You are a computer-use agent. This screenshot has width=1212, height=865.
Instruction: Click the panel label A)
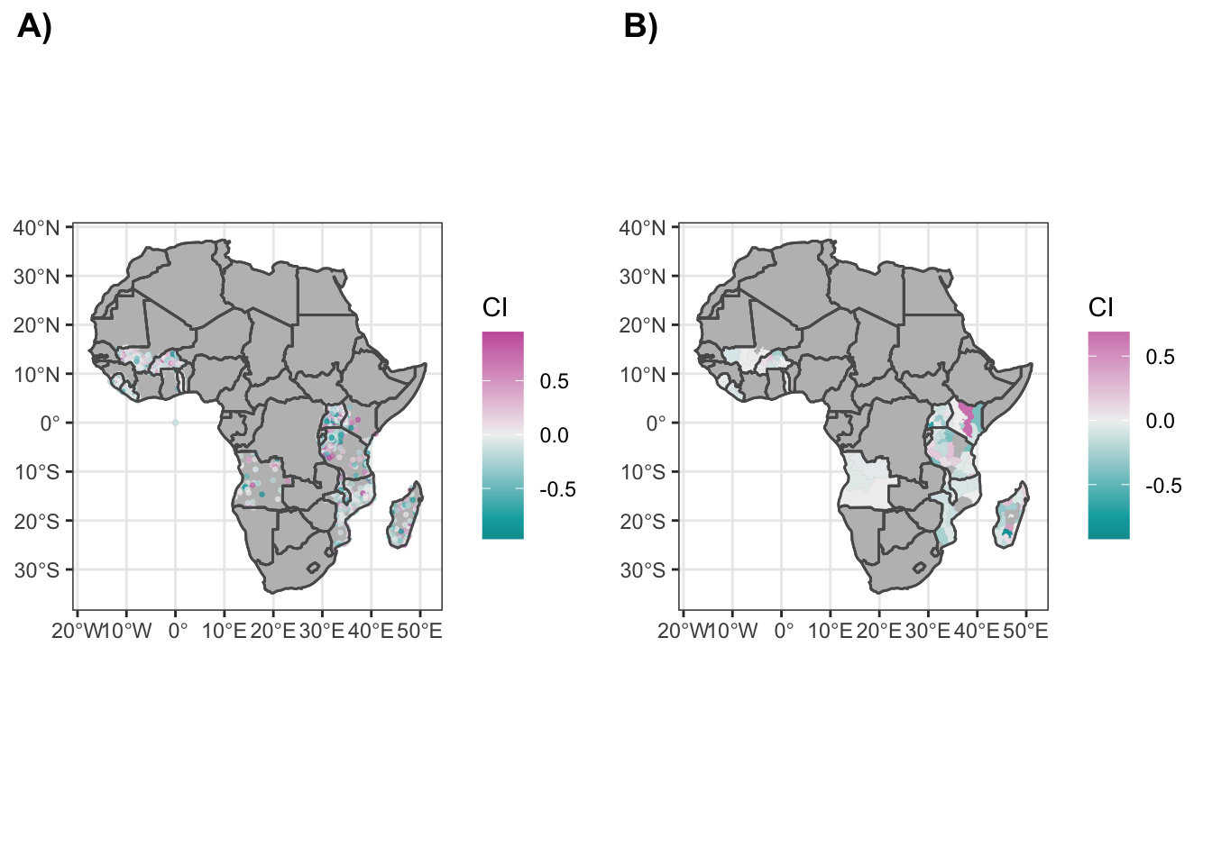34,27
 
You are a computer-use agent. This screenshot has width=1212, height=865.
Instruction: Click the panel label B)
640,27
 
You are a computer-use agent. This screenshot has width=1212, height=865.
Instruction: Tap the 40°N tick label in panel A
36,228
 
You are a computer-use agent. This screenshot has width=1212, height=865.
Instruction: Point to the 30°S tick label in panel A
36,570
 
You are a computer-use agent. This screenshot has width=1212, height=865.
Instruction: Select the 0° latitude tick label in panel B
656,423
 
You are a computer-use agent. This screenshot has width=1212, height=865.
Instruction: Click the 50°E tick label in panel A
420,631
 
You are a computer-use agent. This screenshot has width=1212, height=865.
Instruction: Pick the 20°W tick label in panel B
683,631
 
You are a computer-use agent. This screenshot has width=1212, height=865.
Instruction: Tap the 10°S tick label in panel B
642,472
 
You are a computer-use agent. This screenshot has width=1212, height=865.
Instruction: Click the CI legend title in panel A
495,308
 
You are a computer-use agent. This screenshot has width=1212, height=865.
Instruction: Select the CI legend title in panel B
1101,308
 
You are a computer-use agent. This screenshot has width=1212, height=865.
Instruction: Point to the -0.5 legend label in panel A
557,490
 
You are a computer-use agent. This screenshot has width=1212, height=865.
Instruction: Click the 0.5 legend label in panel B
1160,358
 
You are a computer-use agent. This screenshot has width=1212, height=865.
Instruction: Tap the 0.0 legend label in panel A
554,436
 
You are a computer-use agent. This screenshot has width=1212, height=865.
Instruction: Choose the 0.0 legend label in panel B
1160,422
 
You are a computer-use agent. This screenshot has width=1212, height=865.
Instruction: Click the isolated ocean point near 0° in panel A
175,423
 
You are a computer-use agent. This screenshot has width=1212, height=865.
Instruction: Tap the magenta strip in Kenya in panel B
968,420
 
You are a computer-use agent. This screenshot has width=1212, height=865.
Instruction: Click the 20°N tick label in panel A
36,325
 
